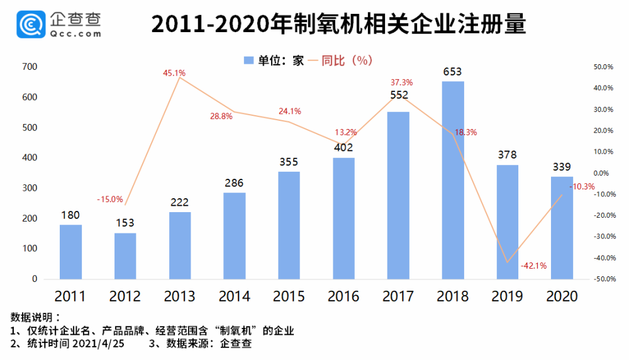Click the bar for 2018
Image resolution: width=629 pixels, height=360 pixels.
453,180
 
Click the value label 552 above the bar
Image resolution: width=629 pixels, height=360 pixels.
398,95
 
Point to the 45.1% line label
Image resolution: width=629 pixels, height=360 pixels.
174,73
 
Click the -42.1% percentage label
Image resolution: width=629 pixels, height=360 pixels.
533,266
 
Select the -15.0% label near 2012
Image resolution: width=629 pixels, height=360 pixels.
109,200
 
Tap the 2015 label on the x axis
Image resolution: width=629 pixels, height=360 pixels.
289,296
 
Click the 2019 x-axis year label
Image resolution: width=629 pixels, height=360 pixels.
507,296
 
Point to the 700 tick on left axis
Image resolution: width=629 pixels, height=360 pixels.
30,67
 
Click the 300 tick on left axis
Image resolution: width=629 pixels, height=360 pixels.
30,188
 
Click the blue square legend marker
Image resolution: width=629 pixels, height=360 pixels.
248,60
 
